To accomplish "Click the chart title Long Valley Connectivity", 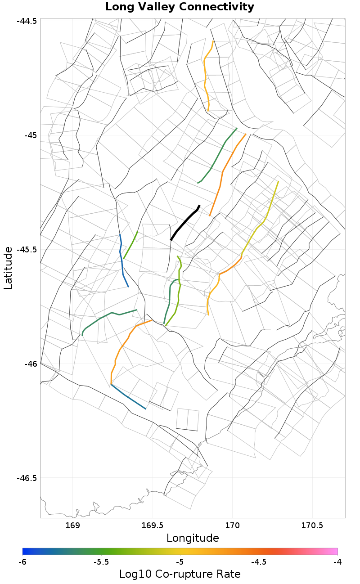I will (180, 7).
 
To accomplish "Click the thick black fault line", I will (185, 223).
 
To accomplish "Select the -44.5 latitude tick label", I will (27, 21).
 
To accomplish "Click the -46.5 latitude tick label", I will (27, 478).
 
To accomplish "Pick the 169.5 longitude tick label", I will (152, 526).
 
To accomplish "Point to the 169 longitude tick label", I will (72, 526).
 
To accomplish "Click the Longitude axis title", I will (193, 538).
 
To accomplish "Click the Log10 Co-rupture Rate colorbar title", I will (180, 574).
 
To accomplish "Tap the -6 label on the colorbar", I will (22, 562).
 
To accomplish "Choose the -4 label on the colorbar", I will (337, 562).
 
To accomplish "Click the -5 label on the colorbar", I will (180, 562).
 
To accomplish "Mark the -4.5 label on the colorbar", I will (258, 562).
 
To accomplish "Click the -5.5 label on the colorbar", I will (101, 562).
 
